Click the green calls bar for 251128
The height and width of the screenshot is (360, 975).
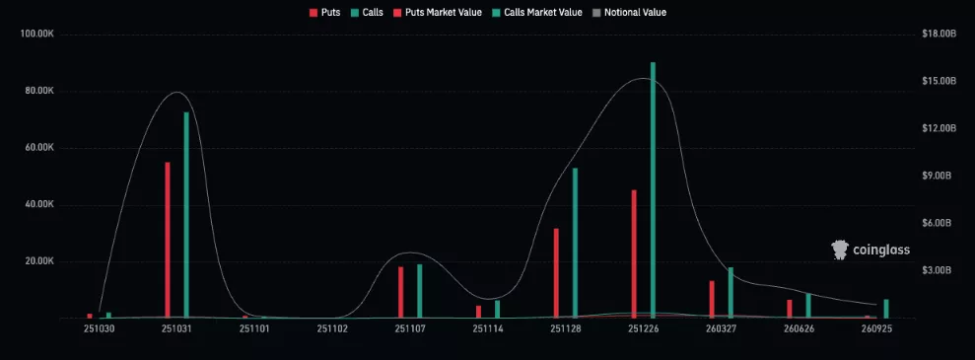click(575, 243)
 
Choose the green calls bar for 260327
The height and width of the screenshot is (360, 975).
click(731, 292)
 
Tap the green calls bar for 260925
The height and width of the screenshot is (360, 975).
click(886, 308)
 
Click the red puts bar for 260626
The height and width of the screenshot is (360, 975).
click(790, 308)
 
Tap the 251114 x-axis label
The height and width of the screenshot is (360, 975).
click(488, 328)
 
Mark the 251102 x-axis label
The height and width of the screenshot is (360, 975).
click(332, 328)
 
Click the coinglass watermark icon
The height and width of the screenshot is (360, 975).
click(840, 250)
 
